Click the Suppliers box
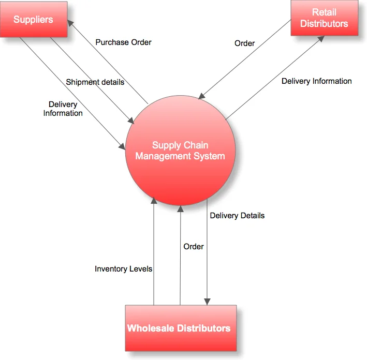34,19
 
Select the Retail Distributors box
324,18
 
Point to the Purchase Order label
123,42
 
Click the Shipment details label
95,82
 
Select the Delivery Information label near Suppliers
63,109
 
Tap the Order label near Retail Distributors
244,43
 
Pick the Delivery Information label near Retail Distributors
316,81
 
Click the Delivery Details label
237,215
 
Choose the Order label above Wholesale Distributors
194,246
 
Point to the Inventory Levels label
123,269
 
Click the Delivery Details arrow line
208,259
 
